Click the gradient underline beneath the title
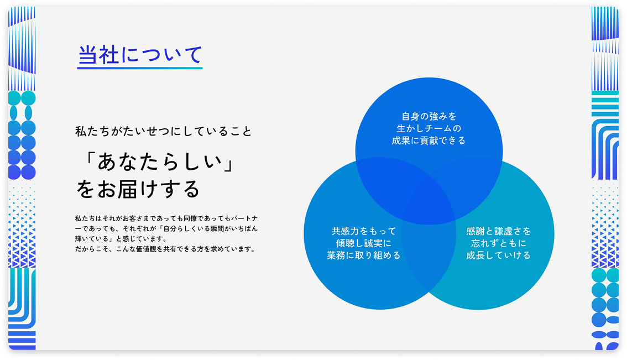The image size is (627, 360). click(x=140, y=68)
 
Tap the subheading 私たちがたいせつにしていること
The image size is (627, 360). click(x=164, y=131)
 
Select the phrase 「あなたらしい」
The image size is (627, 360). click(x=158, y=162)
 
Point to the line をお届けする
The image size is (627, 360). click(x=138, y=189)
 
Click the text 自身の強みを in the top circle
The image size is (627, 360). click(x=429, y=116)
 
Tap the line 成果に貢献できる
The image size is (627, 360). click(x=429, y=140)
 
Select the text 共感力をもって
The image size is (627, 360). click(x=364, y=231)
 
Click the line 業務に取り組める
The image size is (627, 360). click(x=364, y=255)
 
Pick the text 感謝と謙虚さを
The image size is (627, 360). click(x=499, y=231)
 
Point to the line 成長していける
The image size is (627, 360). click(x=499, y=255)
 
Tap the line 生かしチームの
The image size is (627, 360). click(x=429, y=128)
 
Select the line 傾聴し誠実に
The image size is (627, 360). click(x=364, y=243)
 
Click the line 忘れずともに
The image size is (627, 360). click(x=499, y=243)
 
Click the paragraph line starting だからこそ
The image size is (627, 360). click(x=165, y=249)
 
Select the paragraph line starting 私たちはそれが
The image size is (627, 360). click(x=166, y=218)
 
